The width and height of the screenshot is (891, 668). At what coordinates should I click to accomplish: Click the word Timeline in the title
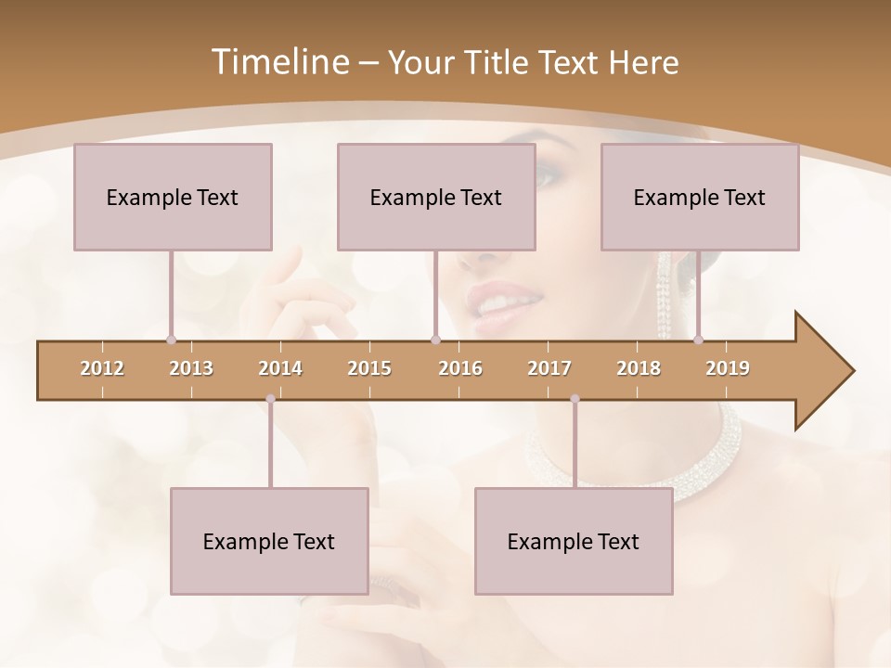click(x=279, y=62)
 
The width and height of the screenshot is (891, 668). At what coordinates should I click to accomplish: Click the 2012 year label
click(x=102, y=368)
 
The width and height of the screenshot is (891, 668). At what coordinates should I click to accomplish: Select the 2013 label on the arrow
click(x=191, y=368)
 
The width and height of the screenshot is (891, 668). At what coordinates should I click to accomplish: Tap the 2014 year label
click(x=280, y=368)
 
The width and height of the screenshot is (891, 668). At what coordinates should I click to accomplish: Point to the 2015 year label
click(x=369, y=368)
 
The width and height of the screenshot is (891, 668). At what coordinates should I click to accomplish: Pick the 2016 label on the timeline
click(x=460, y=368)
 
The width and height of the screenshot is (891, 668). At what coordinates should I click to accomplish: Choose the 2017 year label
click(x=549, y=368)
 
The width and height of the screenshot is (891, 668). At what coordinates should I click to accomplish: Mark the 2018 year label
click(x=639, y=368)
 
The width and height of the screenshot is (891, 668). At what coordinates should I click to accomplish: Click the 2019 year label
click(x=728, y=368)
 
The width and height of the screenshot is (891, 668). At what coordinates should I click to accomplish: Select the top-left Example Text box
click(x=173, y=198)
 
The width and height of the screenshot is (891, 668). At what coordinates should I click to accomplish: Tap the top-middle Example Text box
click(x=436, y=198)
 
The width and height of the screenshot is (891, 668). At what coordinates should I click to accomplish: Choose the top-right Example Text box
click(x=700, y=198)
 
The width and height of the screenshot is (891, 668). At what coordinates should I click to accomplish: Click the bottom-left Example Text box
click(x=269, y=542)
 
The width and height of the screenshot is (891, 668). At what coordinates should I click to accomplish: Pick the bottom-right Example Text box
click(x=574, y=542)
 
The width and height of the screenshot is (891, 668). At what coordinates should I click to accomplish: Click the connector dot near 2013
click(x=171, y=340)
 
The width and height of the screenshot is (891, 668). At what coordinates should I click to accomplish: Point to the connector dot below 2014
click(x=270, y=399)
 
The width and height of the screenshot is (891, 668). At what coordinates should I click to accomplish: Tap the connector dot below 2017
click(x=575, y=399)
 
